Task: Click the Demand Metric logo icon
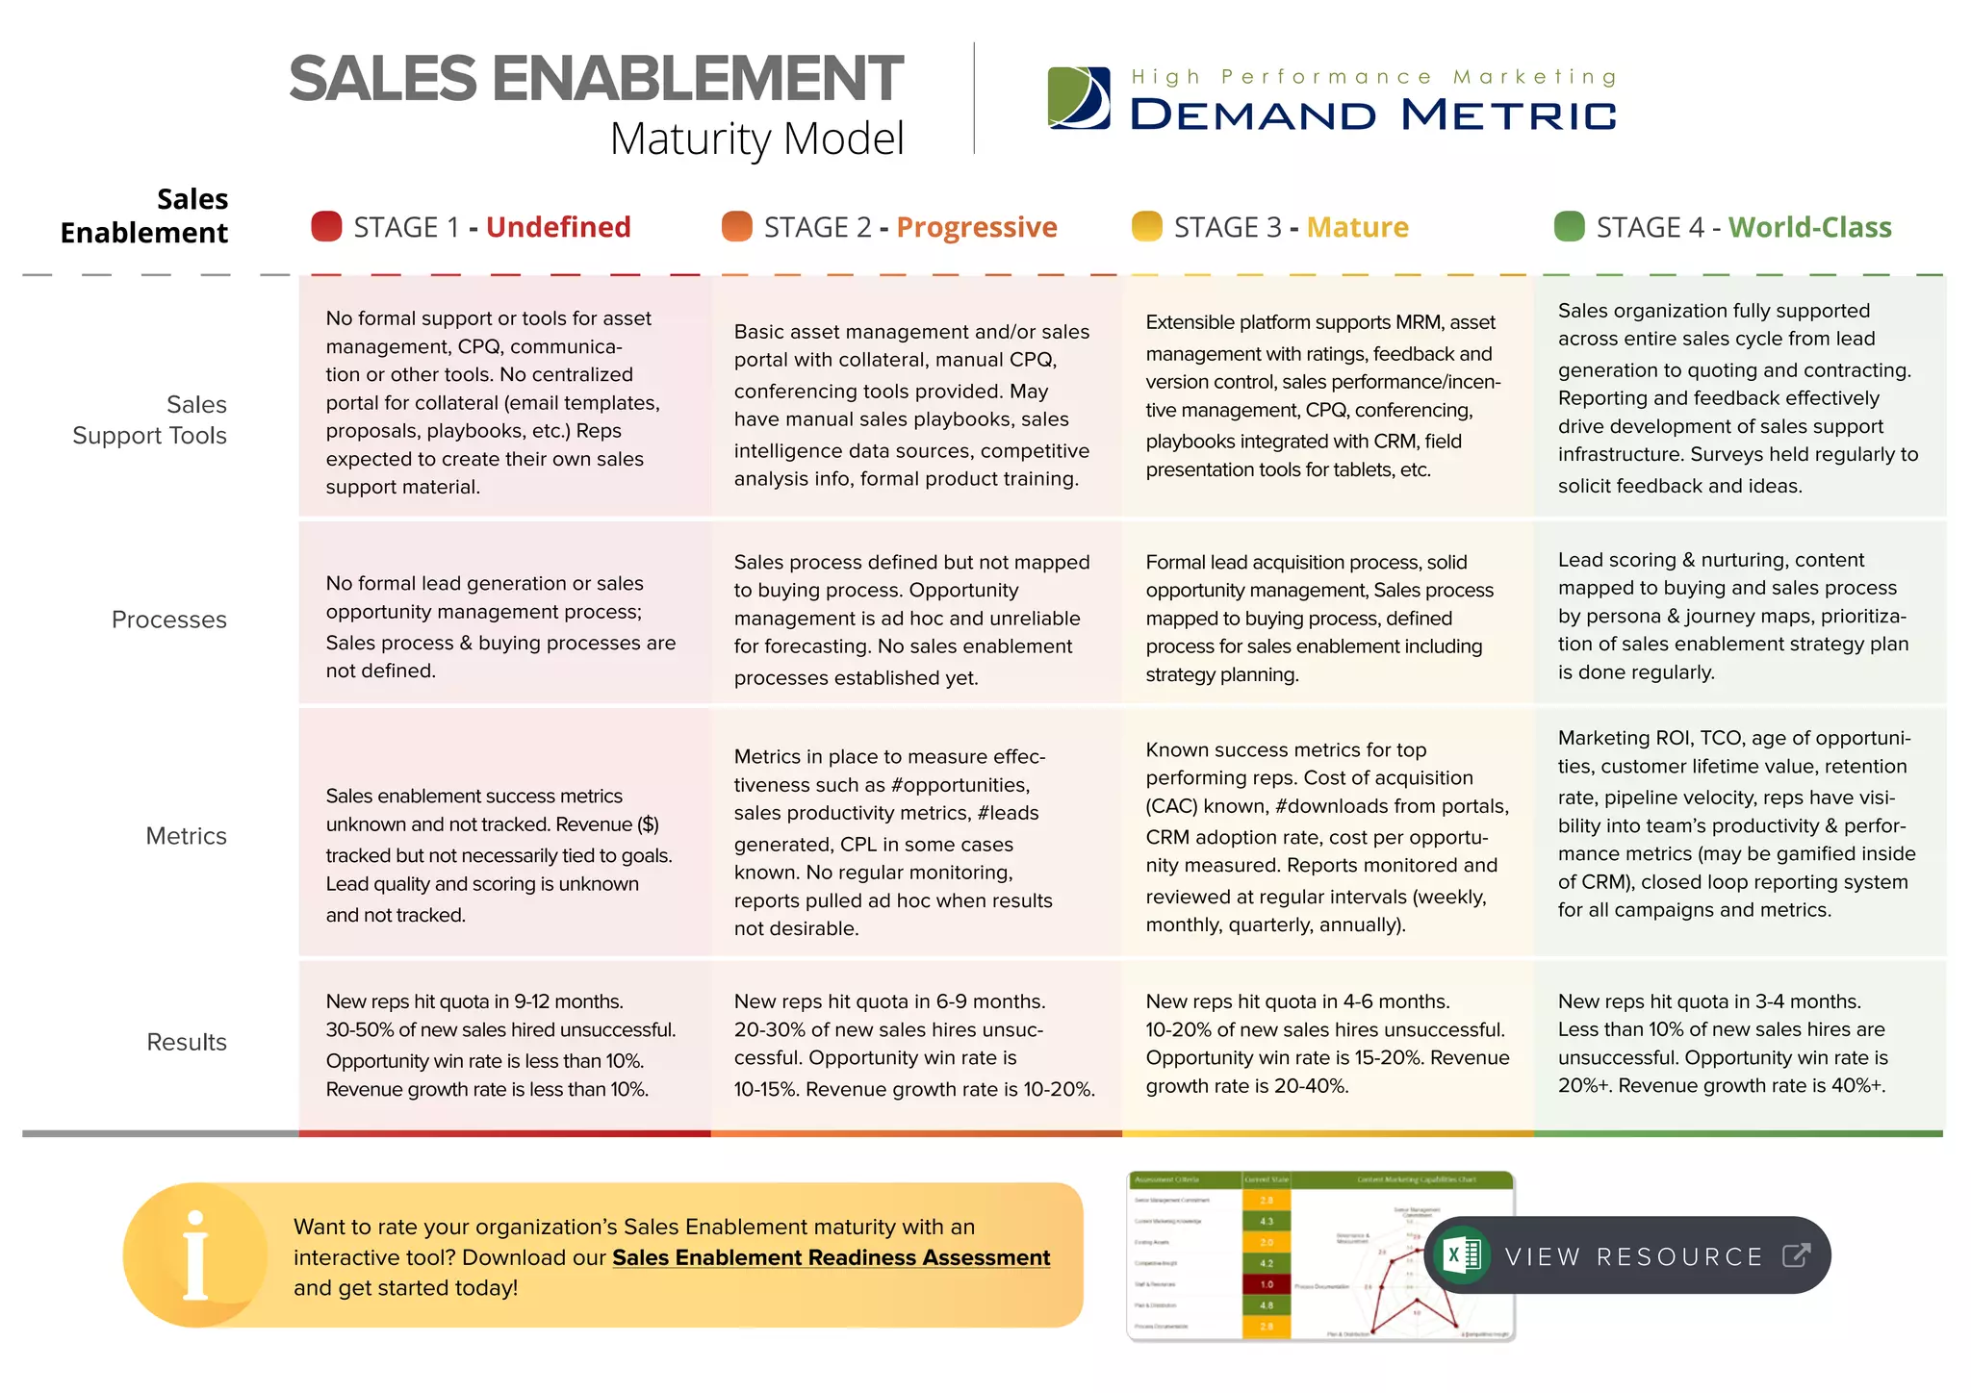tap(1078, 97)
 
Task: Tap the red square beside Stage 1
tap(327, 226)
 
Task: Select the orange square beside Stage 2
tap(737, 226)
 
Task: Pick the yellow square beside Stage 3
tap(1147, 226)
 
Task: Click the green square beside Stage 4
tap(1570, 226)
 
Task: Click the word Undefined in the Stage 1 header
tap(558, 227)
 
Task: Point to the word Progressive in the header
tap(977, 227)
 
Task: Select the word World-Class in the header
tap(1809, 227)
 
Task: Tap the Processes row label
tap(169, 620)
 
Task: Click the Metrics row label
tap(186, 836)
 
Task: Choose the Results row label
tap(187, 1042)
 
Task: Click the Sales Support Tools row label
tap(151, 419)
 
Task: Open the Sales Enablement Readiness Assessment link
tap(831, 1257)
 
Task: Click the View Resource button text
tap(1633, 1256)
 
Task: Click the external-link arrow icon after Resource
tap(1796, 1254)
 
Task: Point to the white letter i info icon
tap(196, 1254)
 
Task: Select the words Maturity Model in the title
tap(756, 139)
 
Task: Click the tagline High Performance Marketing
tap(1373, 77)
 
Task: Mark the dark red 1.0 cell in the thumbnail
tap(1267, 1284)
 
